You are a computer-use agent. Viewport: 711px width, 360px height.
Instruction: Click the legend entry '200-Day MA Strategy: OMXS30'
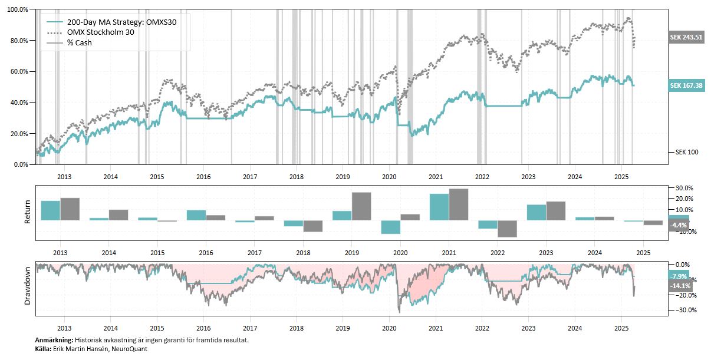point(121,22)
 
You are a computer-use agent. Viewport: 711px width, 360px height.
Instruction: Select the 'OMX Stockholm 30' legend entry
point(100,32)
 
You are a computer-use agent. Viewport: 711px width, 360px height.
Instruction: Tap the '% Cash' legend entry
point(80,42)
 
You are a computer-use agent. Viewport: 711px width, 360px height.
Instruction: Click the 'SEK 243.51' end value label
point(687,37)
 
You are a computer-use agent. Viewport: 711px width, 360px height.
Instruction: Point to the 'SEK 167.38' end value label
point(687,85)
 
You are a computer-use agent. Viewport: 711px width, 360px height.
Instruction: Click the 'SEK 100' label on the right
point(686,153)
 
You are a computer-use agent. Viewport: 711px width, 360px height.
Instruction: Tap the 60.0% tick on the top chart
point(18,72)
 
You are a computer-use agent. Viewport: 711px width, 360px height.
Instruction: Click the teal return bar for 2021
point(439,207)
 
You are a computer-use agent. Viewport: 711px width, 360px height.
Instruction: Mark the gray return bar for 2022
point(507,229)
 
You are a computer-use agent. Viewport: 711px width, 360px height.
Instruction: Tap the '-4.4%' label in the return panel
point(679,225)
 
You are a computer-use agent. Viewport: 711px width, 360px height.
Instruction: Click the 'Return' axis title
point(27,212)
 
